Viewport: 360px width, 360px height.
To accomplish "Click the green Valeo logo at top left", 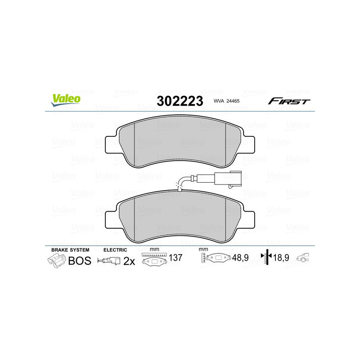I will (66, 99).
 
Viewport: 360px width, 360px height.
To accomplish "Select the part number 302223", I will (180, 101).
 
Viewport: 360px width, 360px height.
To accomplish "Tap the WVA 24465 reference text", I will (226, 102).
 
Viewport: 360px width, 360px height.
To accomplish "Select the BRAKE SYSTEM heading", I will (70, 250).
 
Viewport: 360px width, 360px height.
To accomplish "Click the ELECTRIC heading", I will (115, 250).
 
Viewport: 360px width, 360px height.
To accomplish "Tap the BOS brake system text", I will (79, 261).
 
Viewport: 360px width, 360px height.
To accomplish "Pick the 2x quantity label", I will (129, 261).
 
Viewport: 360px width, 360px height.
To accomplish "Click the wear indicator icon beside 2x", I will (109, 261).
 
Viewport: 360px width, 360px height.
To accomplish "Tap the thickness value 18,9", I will (281, 258).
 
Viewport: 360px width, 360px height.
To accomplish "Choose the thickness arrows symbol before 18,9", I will (267, 258).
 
